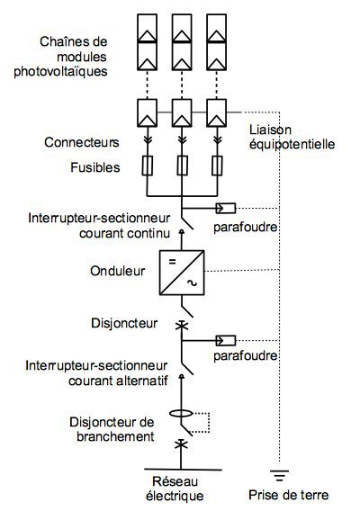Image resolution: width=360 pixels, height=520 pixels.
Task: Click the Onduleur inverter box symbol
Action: (x=182, y=272)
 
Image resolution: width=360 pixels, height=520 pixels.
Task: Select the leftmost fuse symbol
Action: (x=148, y=166)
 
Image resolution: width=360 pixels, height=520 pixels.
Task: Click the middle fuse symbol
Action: (x=183, y=166)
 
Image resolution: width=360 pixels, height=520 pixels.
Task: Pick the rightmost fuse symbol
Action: (x=217, y=166)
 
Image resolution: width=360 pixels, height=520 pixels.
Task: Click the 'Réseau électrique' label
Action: (x=176, y=489)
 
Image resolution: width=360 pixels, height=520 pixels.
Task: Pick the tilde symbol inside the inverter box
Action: (x=191, y=283)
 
